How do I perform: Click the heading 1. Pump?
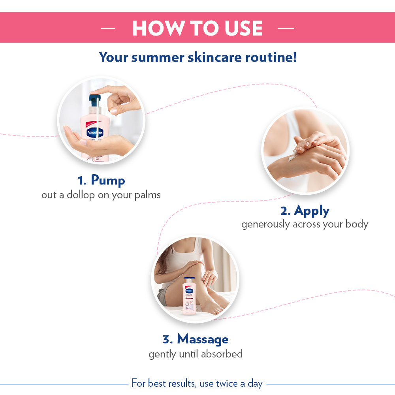101,181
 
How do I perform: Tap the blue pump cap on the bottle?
94,100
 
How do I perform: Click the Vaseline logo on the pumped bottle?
95,133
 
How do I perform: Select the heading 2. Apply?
305,211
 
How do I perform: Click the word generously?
266,224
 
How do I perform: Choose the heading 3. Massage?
196,339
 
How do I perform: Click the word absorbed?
222,354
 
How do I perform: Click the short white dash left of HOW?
108,28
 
